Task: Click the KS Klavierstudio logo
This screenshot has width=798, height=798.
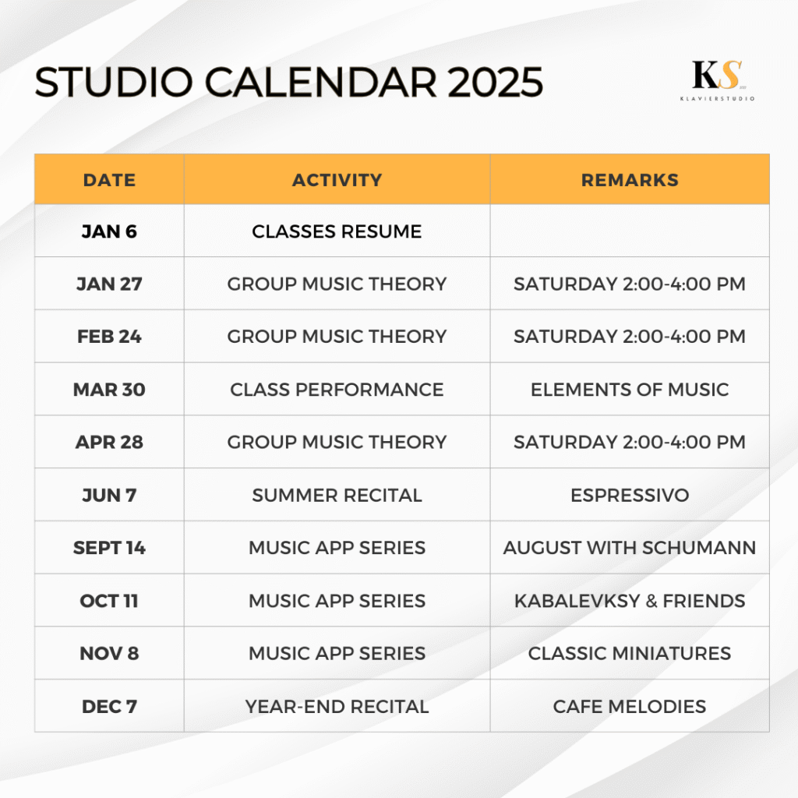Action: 718,80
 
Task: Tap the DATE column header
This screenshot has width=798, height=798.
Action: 109,180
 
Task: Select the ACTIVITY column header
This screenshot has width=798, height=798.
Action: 337,180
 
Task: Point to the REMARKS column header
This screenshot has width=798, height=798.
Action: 630,180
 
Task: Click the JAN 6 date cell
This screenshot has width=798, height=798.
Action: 109,231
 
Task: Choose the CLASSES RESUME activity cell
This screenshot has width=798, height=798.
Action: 337,231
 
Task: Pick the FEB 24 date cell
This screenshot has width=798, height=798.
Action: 109,337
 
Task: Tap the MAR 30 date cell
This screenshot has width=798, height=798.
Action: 109,390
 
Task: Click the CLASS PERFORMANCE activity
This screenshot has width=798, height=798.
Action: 337,390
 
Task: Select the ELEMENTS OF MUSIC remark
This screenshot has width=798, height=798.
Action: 630,390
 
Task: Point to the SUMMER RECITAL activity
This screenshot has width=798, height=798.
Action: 337,495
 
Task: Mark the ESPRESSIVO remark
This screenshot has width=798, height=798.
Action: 630,495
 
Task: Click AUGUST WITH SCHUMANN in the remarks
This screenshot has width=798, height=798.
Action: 630,548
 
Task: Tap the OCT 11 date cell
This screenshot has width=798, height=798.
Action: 109,601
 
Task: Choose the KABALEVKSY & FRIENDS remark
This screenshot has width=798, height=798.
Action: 630,601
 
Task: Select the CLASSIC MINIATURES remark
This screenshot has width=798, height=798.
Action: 630,653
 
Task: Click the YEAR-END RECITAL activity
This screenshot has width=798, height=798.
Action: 337,706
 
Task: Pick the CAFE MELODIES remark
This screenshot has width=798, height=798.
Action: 630,706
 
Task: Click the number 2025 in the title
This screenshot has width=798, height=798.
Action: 495,82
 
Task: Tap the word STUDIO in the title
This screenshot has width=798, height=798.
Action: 114,82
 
